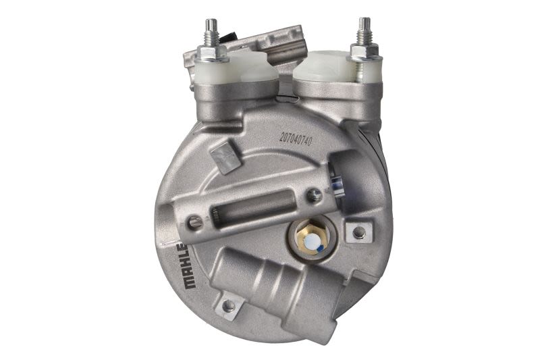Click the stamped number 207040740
[x=296, y=138]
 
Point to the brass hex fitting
[x=310, y=238]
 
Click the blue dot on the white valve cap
[x=320, y=248]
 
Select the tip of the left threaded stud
[x=209, y=21]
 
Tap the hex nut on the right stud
[x=363, y=51]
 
